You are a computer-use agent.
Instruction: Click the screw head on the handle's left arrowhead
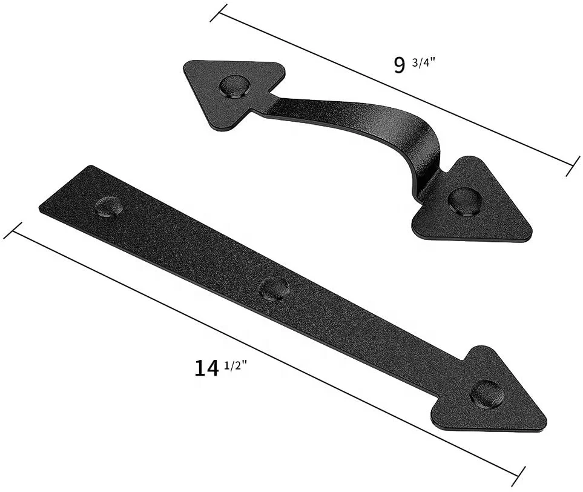(234, 86)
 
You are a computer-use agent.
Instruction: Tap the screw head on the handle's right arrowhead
(465, 201)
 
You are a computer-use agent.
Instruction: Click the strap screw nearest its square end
(109, 207)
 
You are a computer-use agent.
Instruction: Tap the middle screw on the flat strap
(274, 288)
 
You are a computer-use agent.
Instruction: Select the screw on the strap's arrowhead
(487, 394)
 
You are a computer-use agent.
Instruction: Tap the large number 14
(206, 368)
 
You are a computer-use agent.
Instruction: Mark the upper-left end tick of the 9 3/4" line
(219, 13)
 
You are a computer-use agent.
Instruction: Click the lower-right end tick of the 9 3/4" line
(573, 166)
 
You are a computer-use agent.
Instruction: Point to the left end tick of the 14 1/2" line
(12, 230)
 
